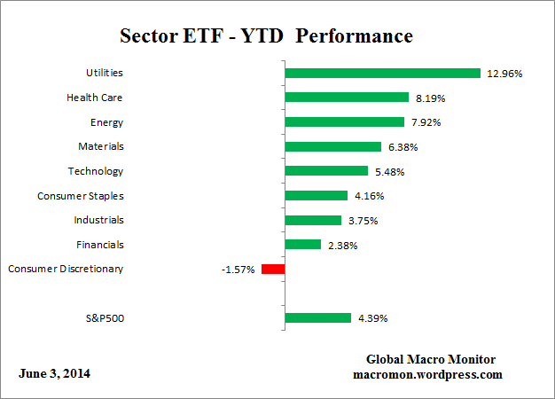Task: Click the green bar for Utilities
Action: point(382,74)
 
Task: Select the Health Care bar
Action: point(346,98)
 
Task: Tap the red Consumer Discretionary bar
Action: point(273,269)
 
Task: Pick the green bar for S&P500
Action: point(317,317)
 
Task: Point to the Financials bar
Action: point(302,244)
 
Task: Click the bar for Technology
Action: point(325,171)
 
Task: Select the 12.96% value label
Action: point(504,74)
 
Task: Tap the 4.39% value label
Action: point(371,317)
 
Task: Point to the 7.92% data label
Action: point(431,122)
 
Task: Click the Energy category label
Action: point(106,122)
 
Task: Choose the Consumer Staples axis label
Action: point(81,195)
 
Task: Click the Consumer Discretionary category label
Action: point(66,269)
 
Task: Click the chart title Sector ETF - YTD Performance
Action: point(266,36)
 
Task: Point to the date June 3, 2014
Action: point(54,373)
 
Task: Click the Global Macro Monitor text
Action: point(431,359)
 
